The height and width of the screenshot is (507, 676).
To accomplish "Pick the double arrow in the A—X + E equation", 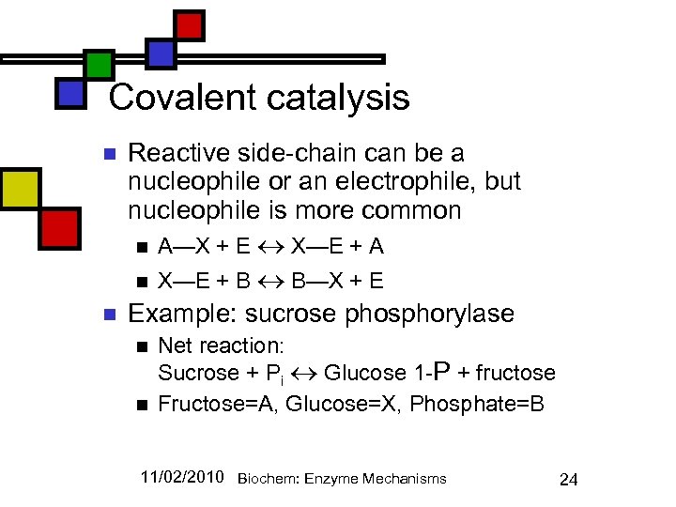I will (271, 247).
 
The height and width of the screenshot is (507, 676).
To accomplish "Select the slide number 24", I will (568, 480).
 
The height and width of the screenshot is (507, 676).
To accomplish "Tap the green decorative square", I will (99, 65).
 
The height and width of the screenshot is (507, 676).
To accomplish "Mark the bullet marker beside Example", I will (109, 314).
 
